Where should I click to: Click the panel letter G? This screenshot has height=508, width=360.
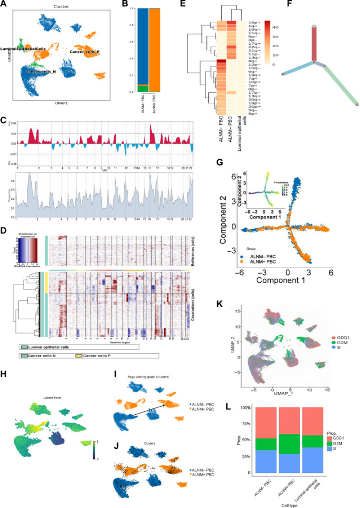(x=220, y=163)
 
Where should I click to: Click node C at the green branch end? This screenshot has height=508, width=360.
(x=357, y=105)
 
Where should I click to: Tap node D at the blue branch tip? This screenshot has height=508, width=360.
(x=283, y=74)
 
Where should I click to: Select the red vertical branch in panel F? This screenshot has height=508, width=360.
(x=314, y=43)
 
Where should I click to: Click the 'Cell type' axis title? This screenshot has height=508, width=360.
(x=290, y=505)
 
